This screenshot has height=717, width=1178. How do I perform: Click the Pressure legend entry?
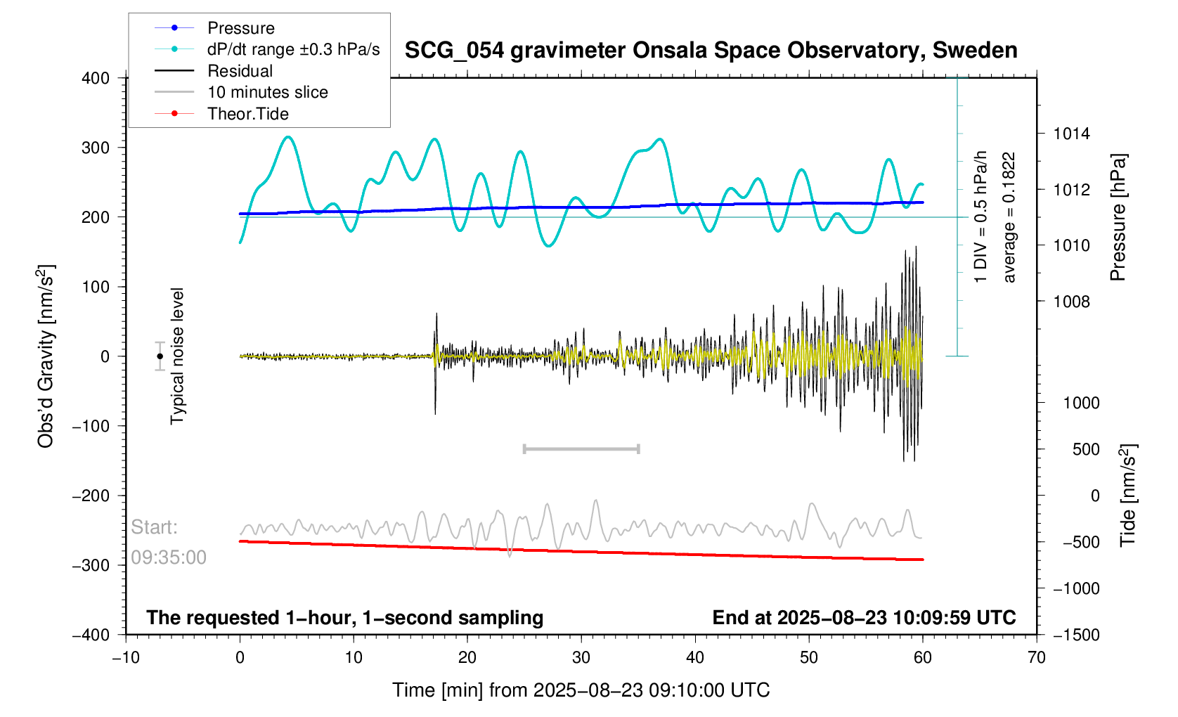tap(240, 28)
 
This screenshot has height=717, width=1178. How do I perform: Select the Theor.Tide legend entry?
tap(247, 114)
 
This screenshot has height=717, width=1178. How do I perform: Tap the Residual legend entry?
tap(240, 71)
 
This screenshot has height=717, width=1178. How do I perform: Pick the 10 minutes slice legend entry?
tap(267, 92)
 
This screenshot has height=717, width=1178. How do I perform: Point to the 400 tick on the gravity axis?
tap(96, 78)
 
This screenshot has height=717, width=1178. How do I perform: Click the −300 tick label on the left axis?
tap(91, 565)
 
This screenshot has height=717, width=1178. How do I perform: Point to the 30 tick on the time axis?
tap(581, 658)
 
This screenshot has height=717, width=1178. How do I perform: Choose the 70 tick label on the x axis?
tap(1036, 658)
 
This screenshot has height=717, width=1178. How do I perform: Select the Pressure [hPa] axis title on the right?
tap(1118, 218)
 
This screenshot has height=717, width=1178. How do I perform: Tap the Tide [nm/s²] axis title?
tap(1128, 496)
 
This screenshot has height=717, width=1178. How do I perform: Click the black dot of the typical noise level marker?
tap(160, 356)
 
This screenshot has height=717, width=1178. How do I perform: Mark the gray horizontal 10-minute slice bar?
tap(581, 448)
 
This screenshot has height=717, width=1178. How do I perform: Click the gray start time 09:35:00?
tap(169, 557)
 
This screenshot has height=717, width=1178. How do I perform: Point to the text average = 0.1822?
tap(1009, 218)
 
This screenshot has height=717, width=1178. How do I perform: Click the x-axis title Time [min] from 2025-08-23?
tap(581, 690)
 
